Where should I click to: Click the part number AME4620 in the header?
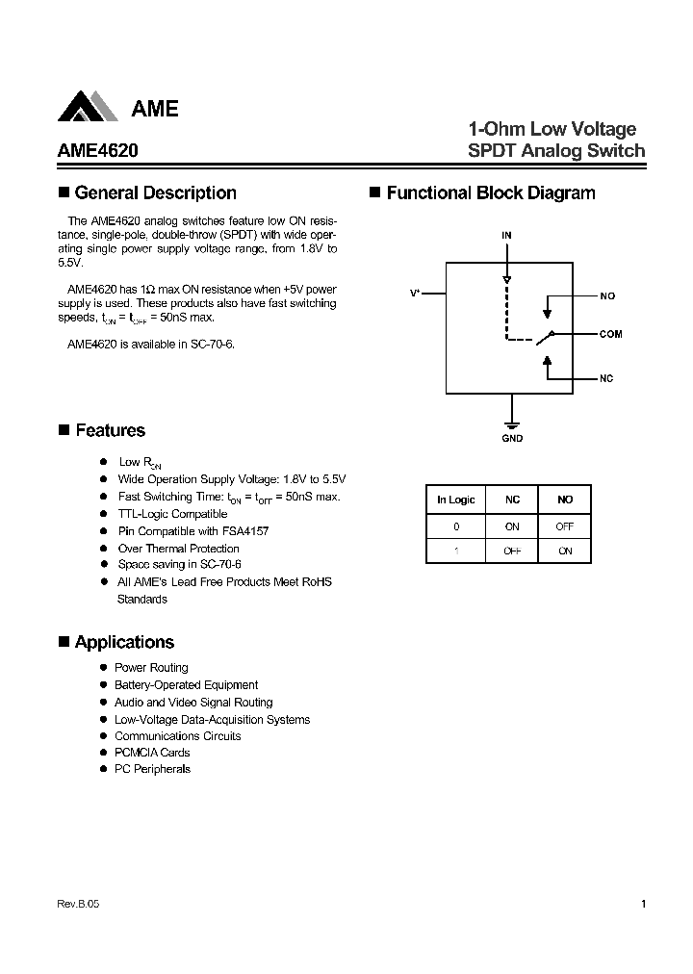(90, 151)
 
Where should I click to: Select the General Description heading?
(155, 193)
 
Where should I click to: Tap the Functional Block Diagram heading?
(490, 193)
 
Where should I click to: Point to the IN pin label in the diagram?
(506, 235)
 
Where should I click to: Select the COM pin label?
(610, 335)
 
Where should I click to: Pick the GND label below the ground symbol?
(512, 439)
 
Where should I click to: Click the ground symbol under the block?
(512, 423)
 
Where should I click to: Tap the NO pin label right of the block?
(607, 296)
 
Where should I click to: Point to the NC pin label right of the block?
(606, 378)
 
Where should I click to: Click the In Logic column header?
(455, 500)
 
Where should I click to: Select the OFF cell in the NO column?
(565, 526)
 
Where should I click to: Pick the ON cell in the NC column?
(512, 526)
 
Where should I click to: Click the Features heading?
(110, 431)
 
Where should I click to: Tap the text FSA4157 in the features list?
(245, 531)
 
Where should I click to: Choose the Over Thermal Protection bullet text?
(178, 549)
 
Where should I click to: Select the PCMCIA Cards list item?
(152, 753)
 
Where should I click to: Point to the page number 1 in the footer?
(642, 905)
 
